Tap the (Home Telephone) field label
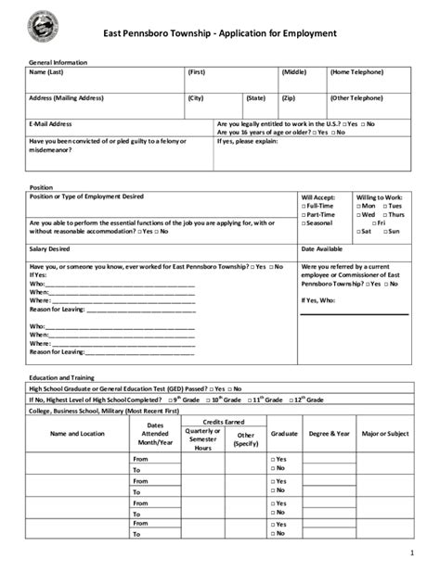(356, 71)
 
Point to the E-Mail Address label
(51, 123)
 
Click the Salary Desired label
(50, 248)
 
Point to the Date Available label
(321, 248)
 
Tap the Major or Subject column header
(384, 433)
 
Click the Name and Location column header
(77, 433)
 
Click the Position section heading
(43, 187)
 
